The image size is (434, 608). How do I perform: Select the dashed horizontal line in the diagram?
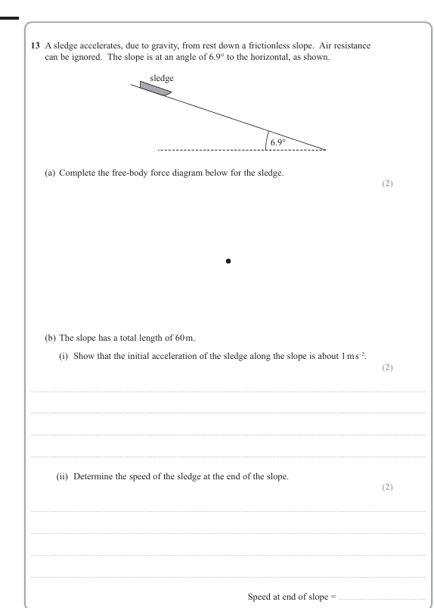coord(212,150)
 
